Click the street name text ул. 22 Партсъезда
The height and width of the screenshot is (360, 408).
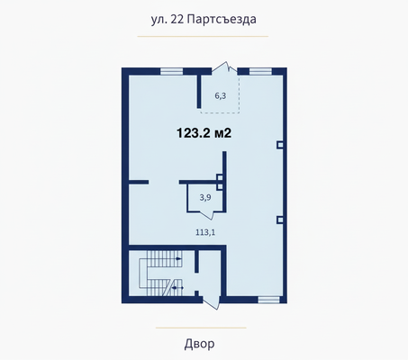click(x=204, y=18)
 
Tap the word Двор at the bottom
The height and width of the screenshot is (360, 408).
click(x=204, y=343)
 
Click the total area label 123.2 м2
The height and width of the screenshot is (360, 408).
click(x=204, y=132)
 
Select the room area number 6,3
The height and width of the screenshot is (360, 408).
click(x=220, y=94)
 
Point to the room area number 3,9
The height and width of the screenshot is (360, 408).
click(x=204, y=197)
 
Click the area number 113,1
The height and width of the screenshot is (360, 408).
click(x=205, y=232)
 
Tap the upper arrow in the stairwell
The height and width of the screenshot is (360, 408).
click(x=177, y=259)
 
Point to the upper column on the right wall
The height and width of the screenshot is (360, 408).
click(x=280, y=144)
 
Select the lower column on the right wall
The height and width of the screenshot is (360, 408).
click(x=280, y=219)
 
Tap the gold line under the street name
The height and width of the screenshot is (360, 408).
click(x=204, y=36)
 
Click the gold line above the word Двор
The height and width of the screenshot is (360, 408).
click(x=204, y=326)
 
